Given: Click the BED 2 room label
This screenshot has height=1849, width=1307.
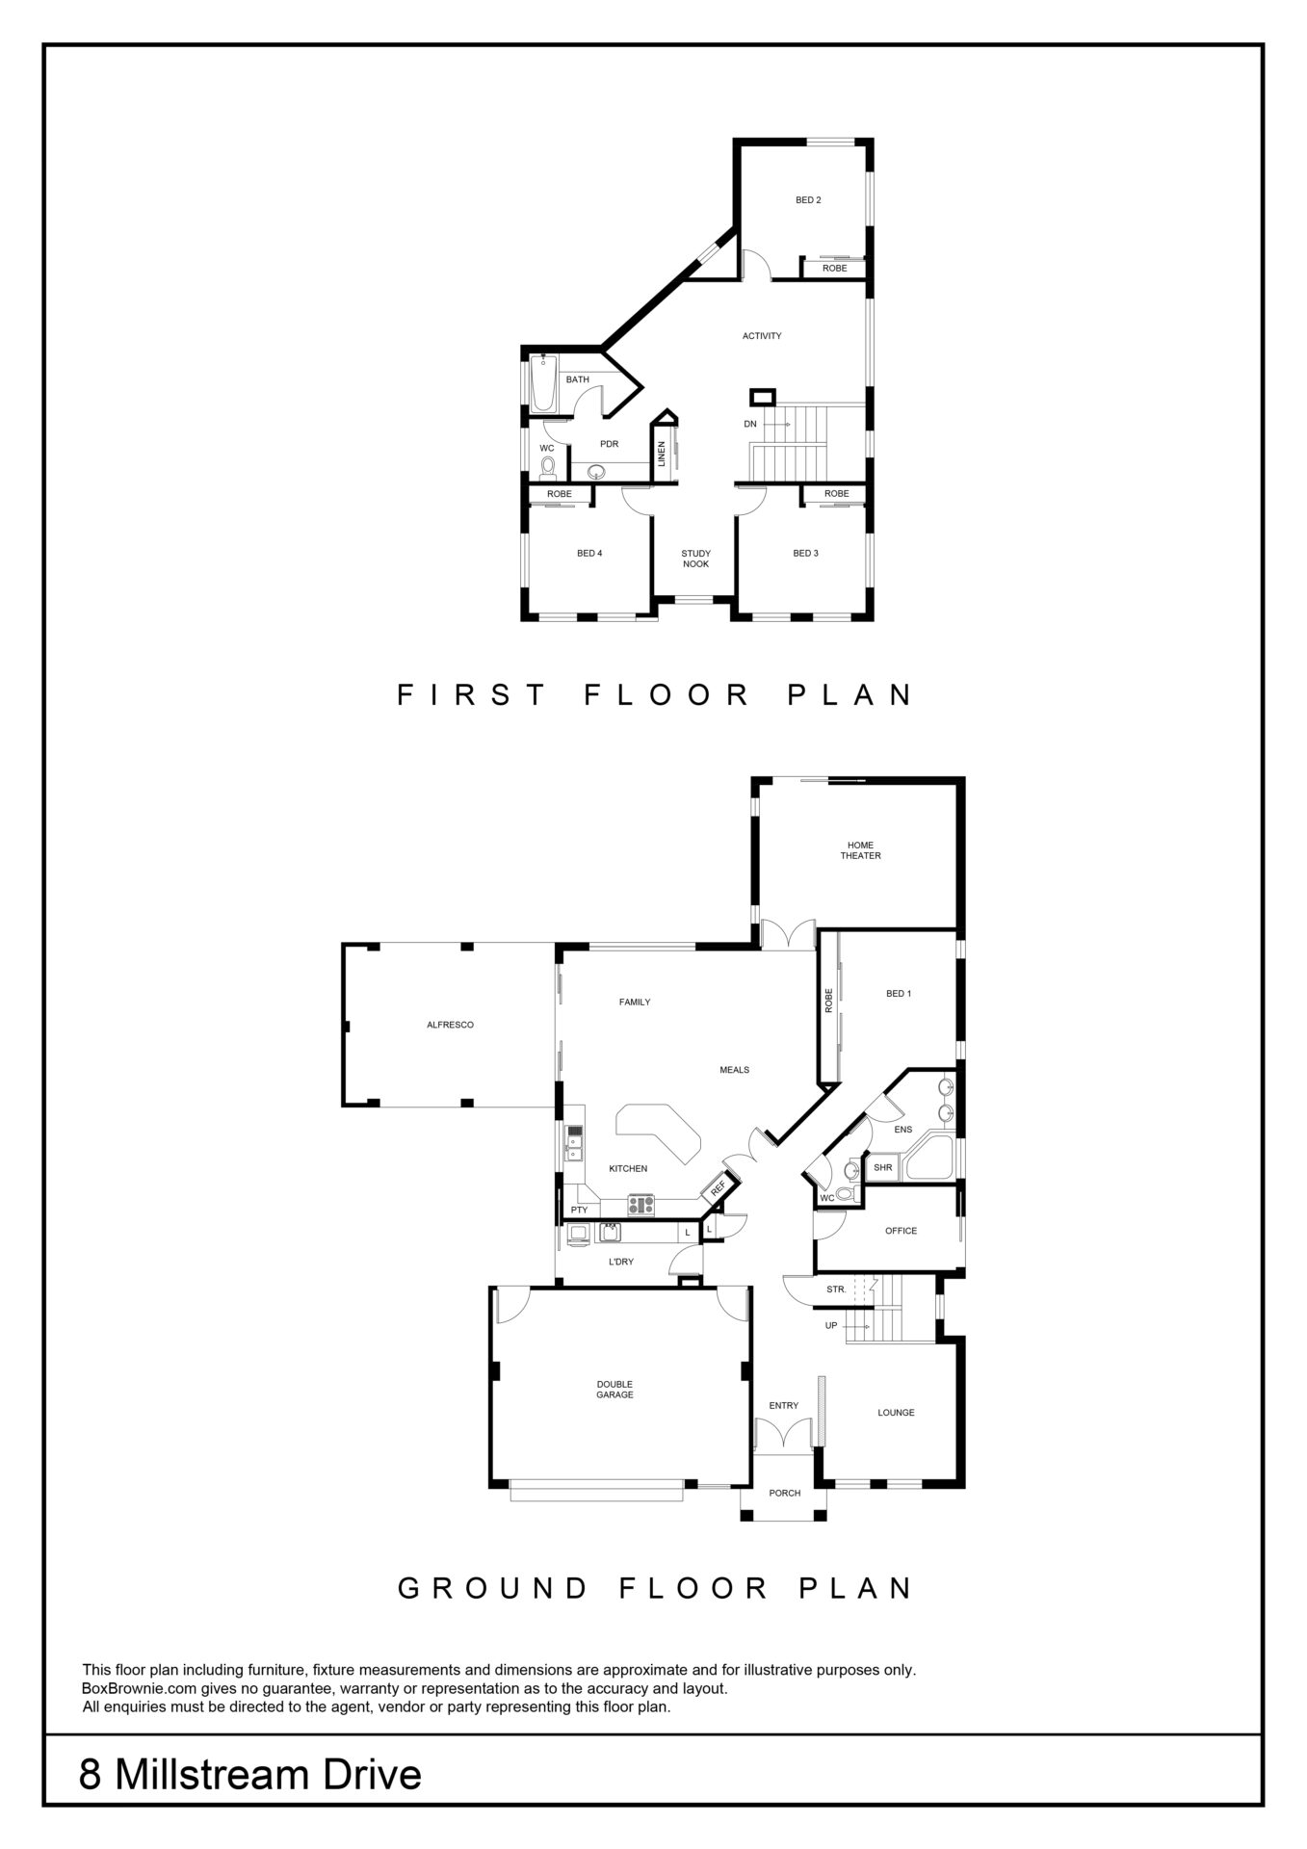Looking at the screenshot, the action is pos(808,200).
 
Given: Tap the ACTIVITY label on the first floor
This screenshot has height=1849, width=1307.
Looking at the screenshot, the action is pos(762,336).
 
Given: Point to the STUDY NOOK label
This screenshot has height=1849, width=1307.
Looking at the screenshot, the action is pos(695,559).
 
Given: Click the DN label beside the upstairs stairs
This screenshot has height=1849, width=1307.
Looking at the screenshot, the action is pos(750,424).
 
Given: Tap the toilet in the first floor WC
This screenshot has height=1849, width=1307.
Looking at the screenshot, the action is pos(548,467).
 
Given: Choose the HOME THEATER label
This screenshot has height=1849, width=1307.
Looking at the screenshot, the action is pos(860,850).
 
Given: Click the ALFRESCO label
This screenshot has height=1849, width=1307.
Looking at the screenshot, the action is pos(450,1025).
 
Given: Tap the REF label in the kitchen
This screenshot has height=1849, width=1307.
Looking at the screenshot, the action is pos(718,1188).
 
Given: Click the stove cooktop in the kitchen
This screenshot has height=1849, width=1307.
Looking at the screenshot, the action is pos(640,1204).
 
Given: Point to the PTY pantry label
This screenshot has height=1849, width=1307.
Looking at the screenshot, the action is pos(579,1210).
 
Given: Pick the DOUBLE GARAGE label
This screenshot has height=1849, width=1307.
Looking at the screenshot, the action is pos(614,1389).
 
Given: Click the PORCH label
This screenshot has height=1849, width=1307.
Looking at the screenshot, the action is pos(785,1493).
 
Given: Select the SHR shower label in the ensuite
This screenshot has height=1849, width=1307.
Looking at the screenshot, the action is pos(882,1167).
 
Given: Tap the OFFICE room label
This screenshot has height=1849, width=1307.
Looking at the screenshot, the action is pos(901,1231).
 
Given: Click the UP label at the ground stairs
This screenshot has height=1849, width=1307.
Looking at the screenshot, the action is pos(831,1325).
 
